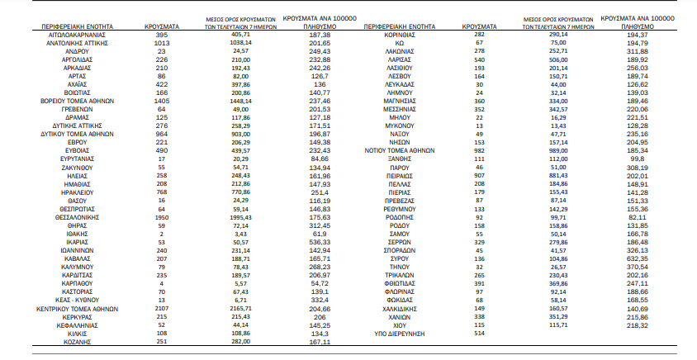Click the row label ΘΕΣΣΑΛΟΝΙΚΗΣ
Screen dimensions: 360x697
(x=77, y=217)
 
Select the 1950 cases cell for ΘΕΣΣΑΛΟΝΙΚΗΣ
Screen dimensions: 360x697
(x=162, y=217)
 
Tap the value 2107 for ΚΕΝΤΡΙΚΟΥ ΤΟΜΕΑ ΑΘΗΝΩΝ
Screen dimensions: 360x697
(x=162, y=309)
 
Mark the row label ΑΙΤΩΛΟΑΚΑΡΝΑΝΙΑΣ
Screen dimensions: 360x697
(x=77, y=36)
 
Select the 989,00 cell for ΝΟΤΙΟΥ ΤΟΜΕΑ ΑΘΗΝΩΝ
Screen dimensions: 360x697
(x=557, y=151)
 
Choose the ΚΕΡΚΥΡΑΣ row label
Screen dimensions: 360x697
(x=77, y=317)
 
